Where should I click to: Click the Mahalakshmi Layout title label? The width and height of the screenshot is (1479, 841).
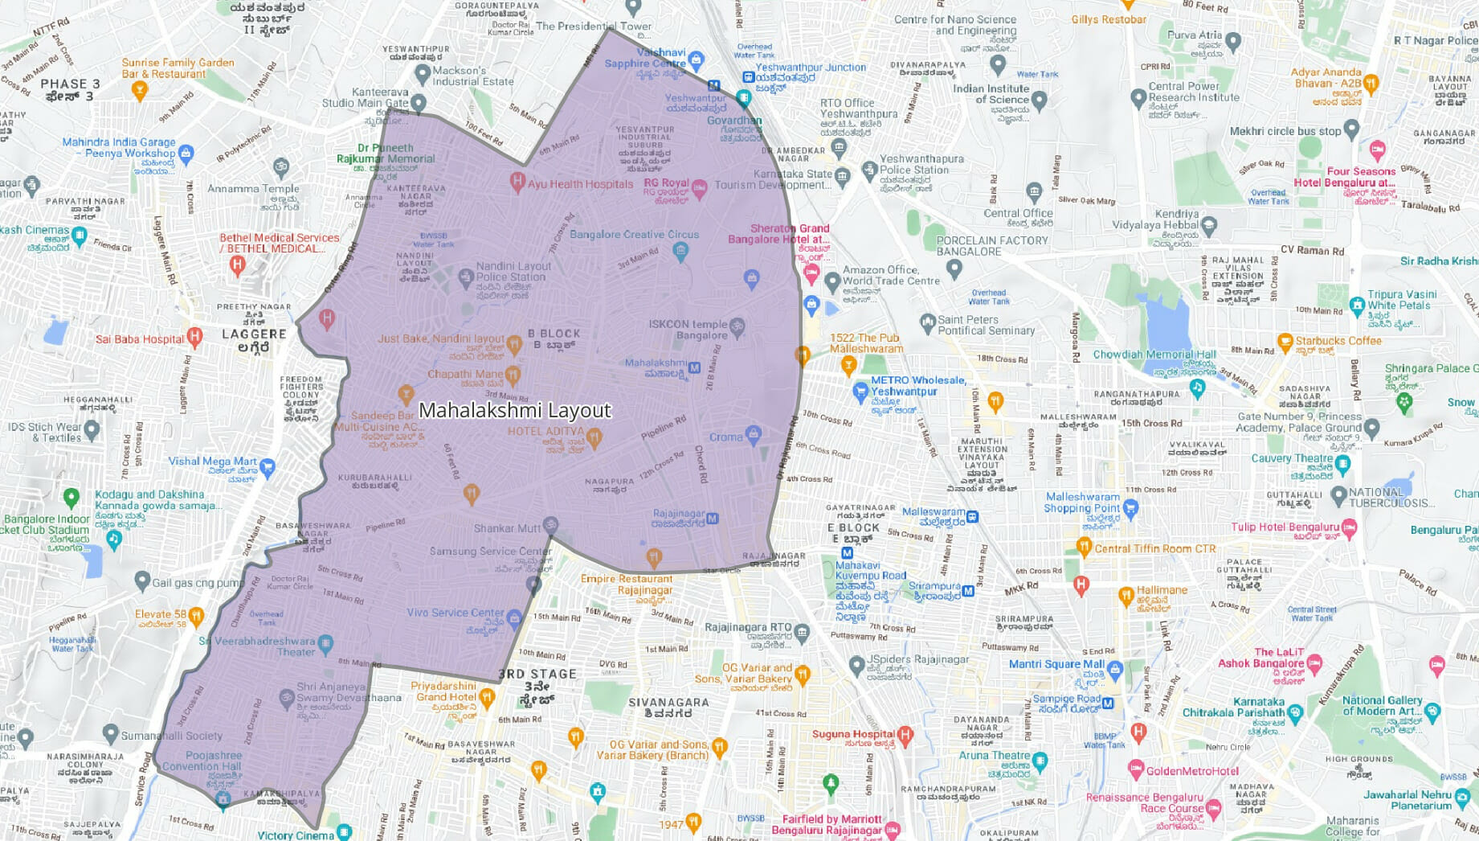click(515, 410)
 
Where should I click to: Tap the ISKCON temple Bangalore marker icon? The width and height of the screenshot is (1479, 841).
click(737, 326)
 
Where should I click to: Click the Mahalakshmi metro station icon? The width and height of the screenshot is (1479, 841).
click(695, 368)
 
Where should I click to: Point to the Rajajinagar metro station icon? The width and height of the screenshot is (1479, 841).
click(712, 519)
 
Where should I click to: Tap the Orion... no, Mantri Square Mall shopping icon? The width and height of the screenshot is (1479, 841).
click(1114, 668)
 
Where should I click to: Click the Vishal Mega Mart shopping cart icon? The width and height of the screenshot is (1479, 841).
click(268, 466)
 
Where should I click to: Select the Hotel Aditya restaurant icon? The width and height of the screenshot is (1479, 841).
click(594, 437)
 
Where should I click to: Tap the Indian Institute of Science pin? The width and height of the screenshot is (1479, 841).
click(1039, 101)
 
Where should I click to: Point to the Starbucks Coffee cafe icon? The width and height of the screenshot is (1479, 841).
click(1285, 341)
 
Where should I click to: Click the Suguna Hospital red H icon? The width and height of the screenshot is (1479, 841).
click(905, 733)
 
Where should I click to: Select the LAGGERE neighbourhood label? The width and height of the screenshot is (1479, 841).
click(254, 334)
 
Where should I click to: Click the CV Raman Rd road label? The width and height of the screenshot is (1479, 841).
click(1312, 250)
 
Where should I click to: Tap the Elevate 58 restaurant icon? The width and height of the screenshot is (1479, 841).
click(196, 616)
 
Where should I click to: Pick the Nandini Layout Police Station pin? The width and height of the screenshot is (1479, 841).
click(465, 278)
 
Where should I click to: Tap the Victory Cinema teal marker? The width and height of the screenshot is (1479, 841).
click(344, 831)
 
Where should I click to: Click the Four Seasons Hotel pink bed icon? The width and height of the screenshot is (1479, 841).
click(1377, 150)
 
